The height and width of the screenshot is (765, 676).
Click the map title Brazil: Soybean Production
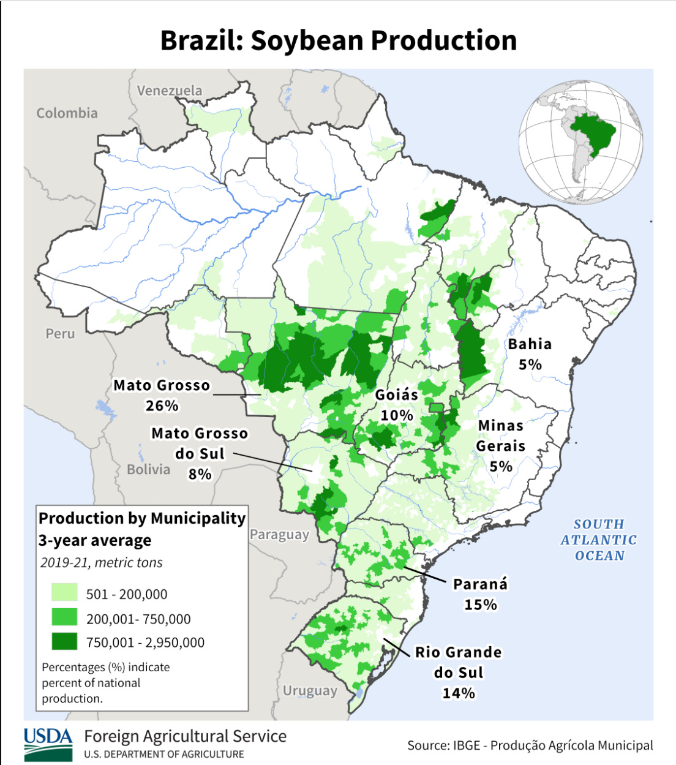(338, 40)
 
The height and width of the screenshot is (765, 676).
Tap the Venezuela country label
(169, 91)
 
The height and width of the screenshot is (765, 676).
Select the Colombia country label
(67, 113)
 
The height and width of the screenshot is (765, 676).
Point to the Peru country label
(60, 334)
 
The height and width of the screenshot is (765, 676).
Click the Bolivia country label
(148, 470)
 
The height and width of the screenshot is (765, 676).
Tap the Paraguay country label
(279, 535)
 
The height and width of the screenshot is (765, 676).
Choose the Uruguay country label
(310, 691)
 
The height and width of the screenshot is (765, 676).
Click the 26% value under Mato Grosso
(162, 405)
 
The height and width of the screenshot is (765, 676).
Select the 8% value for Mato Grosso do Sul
(200, 474)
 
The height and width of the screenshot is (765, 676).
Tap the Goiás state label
(397, 395)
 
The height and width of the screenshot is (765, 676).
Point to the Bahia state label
(530, 344)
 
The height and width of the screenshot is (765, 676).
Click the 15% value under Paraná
(480, 605)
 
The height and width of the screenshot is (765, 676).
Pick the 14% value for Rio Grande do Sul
(459, 693)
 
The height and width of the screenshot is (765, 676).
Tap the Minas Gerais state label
(501, 435)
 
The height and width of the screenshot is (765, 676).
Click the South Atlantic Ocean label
(598, 540)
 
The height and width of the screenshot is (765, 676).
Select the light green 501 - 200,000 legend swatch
(64, 593)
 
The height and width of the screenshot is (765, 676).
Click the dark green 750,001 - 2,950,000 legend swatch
(64, 641)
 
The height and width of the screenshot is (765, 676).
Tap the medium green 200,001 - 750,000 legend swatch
(64, 617)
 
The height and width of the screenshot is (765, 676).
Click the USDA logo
(48, 744)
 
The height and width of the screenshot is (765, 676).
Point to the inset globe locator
(580, 142)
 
